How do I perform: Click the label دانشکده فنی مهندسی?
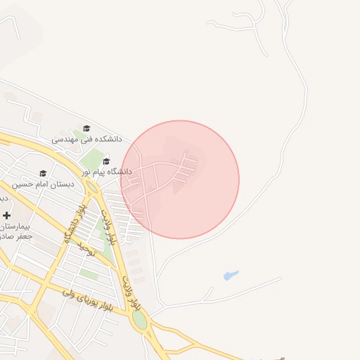tap(86, 139)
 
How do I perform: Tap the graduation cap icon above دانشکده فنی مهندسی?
tap(86, 129)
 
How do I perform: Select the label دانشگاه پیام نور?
tap(106, 172)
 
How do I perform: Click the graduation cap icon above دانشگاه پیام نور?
tap(106, 161)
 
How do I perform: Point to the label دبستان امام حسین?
tap(43, 184)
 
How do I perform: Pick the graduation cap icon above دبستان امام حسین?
tap(43, 174)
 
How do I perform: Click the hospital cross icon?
tap(6, 214)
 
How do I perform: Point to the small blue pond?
tap(231, 275)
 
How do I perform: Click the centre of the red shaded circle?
tap(180, 179)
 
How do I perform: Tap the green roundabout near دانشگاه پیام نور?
tap(91, 188)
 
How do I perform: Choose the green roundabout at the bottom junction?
tap(140, 321)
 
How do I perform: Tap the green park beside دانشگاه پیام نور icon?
tap(89, 159)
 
